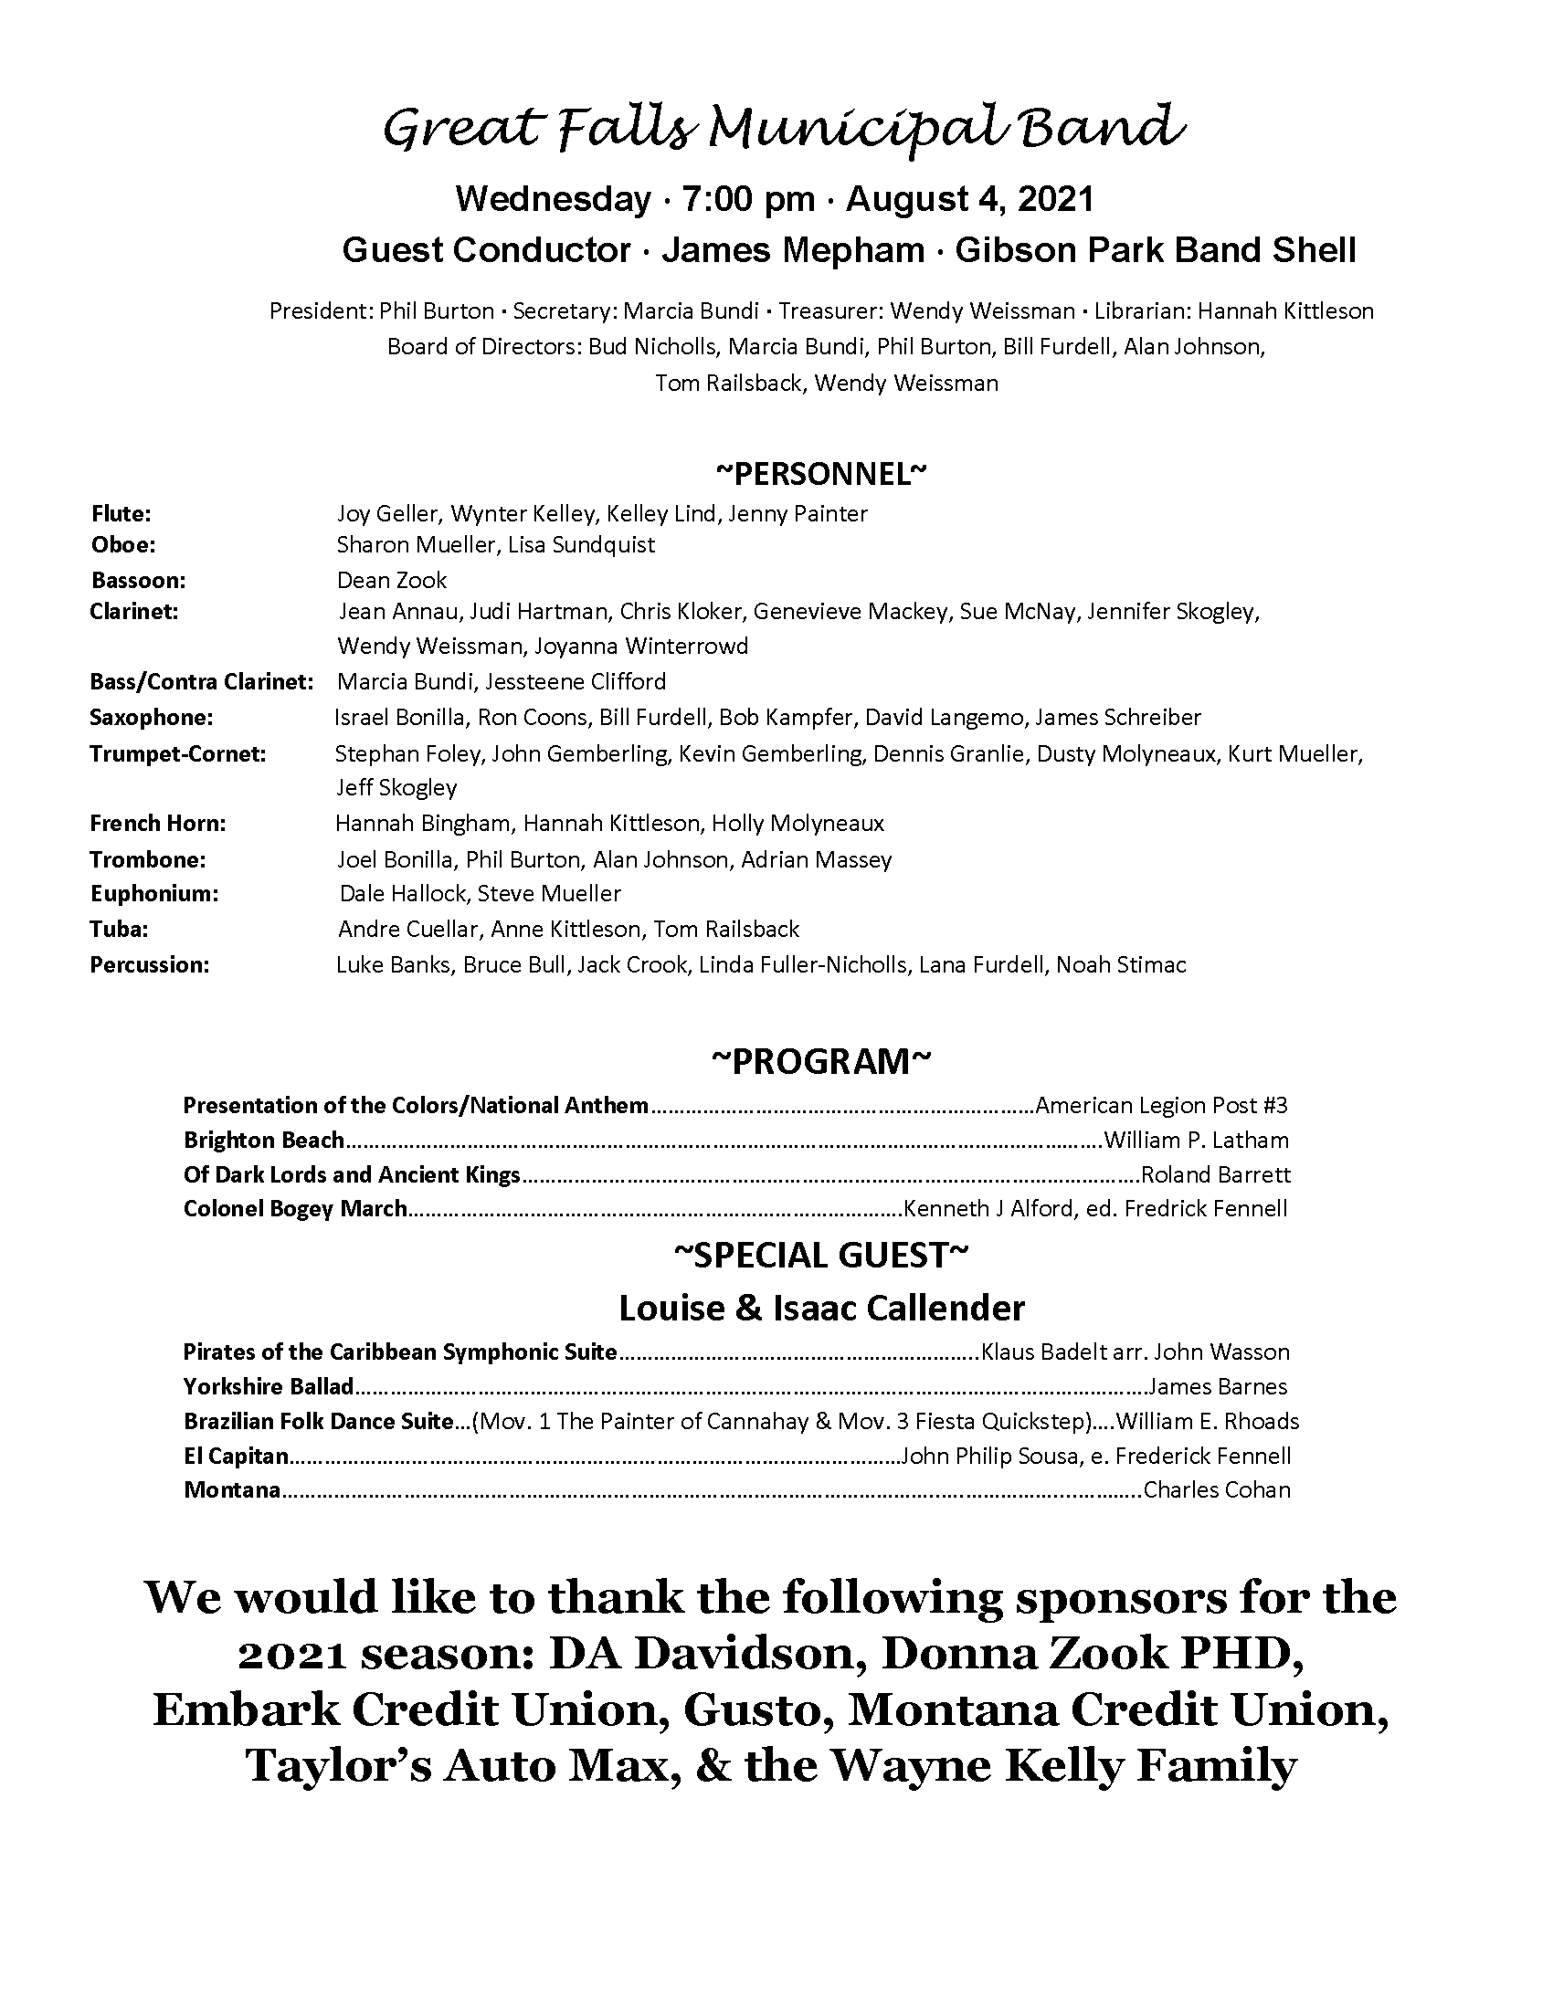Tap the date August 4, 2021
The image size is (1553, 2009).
(969, 199)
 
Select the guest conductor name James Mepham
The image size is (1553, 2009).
(793, 250)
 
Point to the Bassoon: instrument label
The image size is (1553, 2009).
(138, 581)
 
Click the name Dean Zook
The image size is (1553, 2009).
(392, 581)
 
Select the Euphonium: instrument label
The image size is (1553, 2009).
(153, 893)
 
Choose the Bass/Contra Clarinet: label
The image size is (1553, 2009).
(202, 681)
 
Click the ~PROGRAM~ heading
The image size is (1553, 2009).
(821, 1060)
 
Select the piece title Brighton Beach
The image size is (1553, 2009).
(263, 1141)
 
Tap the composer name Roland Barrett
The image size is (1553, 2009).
(1215, 1174)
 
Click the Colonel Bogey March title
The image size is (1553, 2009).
(295, 1209)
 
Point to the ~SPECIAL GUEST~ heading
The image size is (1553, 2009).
(821, 1255)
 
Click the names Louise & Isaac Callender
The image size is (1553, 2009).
(821, 1307)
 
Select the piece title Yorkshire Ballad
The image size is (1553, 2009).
(269, 1386)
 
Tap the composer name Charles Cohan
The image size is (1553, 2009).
(1216, 1489)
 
